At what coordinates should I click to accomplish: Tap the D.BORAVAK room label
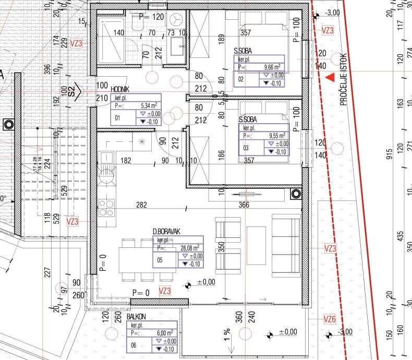[163, 231]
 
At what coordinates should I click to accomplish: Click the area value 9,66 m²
[272, 67]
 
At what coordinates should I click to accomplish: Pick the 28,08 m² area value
[189, 248]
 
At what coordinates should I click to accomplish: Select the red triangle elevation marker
[330, 78]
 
